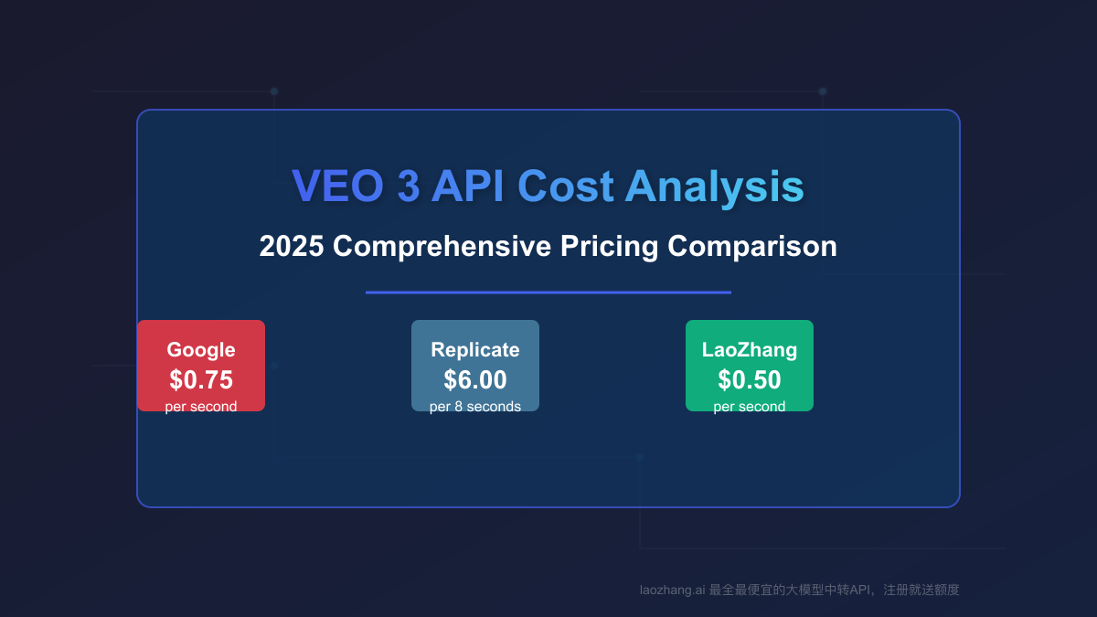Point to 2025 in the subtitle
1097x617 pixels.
(291, 247)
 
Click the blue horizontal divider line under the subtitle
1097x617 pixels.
(548, 293)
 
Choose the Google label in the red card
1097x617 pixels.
(201, 350)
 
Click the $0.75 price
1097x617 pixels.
(201, 379)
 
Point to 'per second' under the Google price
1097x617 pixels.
(201, 407)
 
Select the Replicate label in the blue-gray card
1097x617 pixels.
(475, 350)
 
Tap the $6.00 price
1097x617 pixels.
(475, 379)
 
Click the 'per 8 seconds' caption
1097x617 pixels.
(475, 407)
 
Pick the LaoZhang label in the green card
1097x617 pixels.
(750, 350)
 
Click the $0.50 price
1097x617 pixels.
(750, 379)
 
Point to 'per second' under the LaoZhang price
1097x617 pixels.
(750, 407)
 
